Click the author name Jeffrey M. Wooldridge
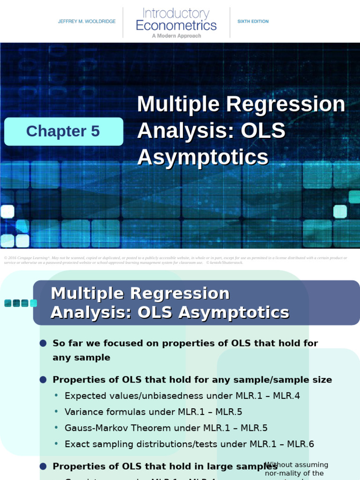click(x=87, y=22)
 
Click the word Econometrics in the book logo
click(x=176, y=25)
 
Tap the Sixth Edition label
click(x=253, y=22)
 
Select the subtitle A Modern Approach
click(x=176, y=36)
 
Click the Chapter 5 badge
click(x=63, y=131)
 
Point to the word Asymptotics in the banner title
click(x=202, y=157)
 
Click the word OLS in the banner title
click(x=263, y=131)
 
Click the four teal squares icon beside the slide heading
click(x=21, y=303)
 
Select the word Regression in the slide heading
click(x=179, y=294)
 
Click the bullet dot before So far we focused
click(x=43, y=344)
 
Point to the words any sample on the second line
click(x=82, y=358)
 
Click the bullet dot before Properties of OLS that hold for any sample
click(x=43, y=380)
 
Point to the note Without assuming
click(x=296, y=465)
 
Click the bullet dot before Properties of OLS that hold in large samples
click(x=43, y=466)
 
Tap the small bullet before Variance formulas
click(x=56, y=412)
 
